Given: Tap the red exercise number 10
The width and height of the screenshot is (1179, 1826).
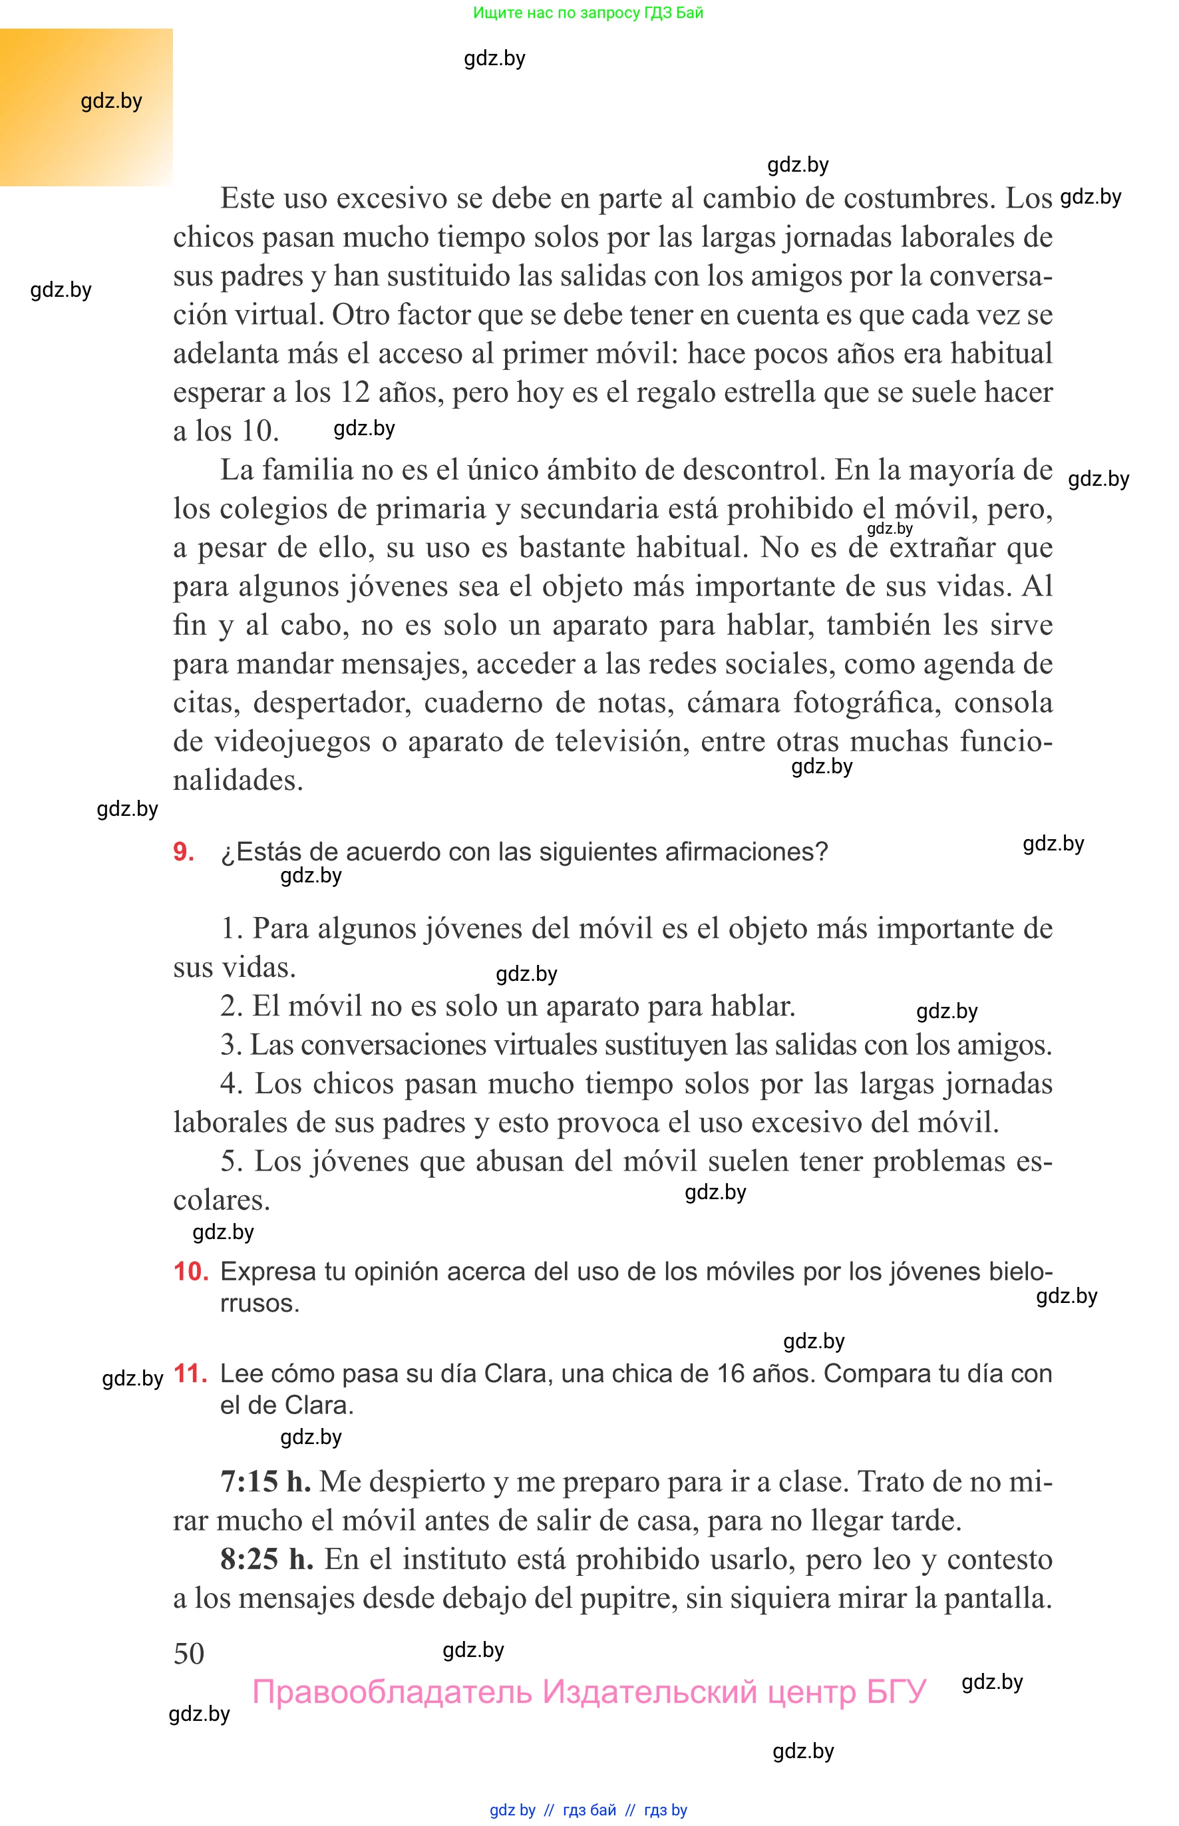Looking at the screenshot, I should (x=191, y=1272).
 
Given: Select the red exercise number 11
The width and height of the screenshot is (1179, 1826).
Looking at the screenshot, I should (x=191, y=1373).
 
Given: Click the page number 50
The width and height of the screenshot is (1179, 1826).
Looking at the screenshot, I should (x=188, y=1654).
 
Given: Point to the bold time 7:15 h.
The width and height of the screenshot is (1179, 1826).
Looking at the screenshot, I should (x=265, y=1482).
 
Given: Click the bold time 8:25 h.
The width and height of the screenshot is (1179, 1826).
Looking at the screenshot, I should (x=266, y=1560).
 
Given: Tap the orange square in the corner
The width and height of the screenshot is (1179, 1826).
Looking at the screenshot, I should (x=86, y=107).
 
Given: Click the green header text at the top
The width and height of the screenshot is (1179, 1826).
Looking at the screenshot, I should (x=588, y=13).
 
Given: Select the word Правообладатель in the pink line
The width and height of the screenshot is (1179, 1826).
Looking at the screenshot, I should (x=391, y=1692).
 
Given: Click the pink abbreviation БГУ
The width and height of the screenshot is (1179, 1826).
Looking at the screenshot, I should (x=896, y=1692).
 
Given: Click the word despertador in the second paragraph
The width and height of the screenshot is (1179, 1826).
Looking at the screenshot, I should (x=329, y=703).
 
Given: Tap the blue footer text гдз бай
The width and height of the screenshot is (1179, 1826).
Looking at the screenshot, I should (x=589, y=1810).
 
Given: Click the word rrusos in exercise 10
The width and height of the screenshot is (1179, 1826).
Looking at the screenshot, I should (x=258, y=1304).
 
